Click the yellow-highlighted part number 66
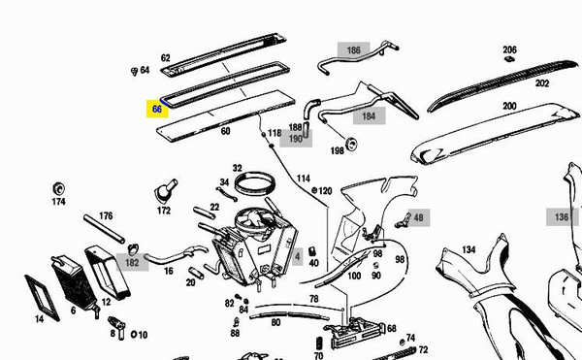coord(157,109)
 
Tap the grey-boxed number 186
coord(353,50)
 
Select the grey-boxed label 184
coord(369,116)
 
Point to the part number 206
coord(509,49)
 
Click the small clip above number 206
coord(509,58)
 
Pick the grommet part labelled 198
coord(351,144)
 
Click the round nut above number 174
coord(58,189)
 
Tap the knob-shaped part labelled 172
coord(165,191)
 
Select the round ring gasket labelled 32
coord(255,183)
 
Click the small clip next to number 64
coord(135,71)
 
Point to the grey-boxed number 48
coord(418,218)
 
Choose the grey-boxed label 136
coord(562,216)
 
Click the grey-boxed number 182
coord(132,262)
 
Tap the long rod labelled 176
coord(104,229)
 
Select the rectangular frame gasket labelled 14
coord(42,298)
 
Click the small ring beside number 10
coord(134,335)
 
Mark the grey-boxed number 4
coord(298,256)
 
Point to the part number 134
coord(469,249)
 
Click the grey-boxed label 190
coord(296,139)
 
